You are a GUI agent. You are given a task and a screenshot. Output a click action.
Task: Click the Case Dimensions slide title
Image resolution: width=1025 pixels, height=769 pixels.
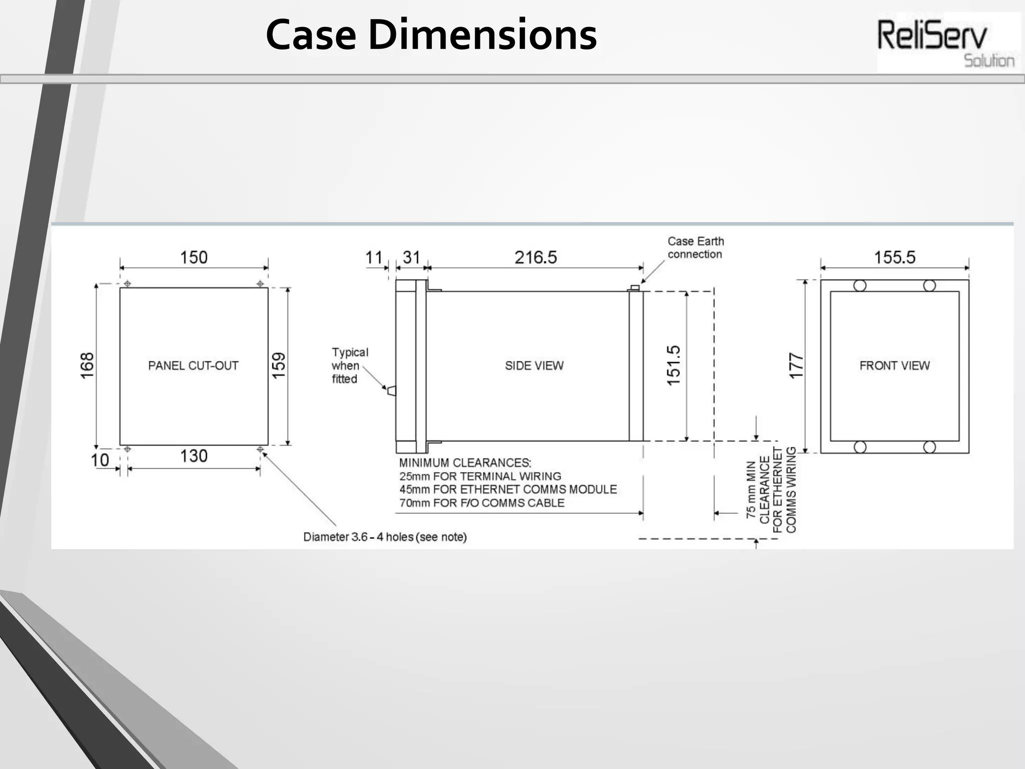pyautogui.click(x=431, y=35)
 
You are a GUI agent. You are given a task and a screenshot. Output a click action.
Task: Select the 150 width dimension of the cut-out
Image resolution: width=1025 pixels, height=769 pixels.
pyautogui.click(x=194, y=257)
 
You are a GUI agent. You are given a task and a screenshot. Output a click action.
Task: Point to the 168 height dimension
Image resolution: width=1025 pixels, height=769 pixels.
pyautogui.click(x=87, y=365)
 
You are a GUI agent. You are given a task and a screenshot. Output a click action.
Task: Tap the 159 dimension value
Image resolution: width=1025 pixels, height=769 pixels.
pyautogui.click(x=279, y=365)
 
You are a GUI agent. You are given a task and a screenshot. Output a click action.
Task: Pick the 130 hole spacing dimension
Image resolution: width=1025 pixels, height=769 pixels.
pyautogui.click(x=194, y=456)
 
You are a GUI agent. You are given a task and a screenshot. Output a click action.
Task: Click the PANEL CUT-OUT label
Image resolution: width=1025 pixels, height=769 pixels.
pyautogui.click(x=193, y=366)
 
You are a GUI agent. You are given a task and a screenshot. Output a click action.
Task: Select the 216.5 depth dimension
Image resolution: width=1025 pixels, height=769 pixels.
pyautogui.click(x=536, y=257)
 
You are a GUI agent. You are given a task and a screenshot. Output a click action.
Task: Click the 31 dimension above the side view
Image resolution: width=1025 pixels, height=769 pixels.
pyautogui.click(x=411, y=257)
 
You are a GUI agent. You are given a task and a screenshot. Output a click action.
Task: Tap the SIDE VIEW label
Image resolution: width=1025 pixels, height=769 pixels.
pyautogui.click(x=534, y=366)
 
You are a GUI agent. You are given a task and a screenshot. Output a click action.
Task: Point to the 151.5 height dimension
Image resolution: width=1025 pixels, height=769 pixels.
pyautogui.click(x=674, y=365)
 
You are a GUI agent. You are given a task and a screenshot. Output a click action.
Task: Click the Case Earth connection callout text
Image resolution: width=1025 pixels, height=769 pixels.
pyautogui.click(x=696, y=248)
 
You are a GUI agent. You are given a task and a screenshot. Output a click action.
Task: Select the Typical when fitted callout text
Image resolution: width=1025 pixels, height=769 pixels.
pyautogui.click(x=349, y=366)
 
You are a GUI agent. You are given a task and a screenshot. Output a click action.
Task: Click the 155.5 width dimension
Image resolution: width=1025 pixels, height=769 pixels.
pyautogui.click(x=894, y=257)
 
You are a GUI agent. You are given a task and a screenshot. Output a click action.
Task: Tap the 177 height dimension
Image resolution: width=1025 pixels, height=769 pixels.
pyautogui.click(x=796, y=366)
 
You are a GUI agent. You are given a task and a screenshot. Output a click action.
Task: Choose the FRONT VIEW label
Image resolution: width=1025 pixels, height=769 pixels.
pyautogui.click(x=894, y=366)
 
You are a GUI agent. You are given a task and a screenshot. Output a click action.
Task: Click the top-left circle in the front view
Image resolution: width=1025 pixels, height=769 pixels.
pyautogui.click(x=860, y=286)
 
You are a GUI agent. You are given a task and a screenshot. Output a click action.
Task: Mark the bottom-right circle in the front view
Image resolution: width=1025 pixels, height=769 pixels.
pyautogui.click(x=929, y=447)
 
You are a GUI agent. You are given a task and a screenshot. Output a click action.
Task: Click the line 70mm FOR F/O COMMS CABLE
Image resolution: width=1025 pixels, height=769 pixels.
pyautogui.click(x=481, y=503)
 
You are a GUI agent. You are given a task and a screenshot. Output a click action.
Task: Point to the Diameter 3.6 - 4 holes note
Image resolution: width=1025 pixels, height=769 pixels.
pyautogui.click(x=385, y=537)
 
